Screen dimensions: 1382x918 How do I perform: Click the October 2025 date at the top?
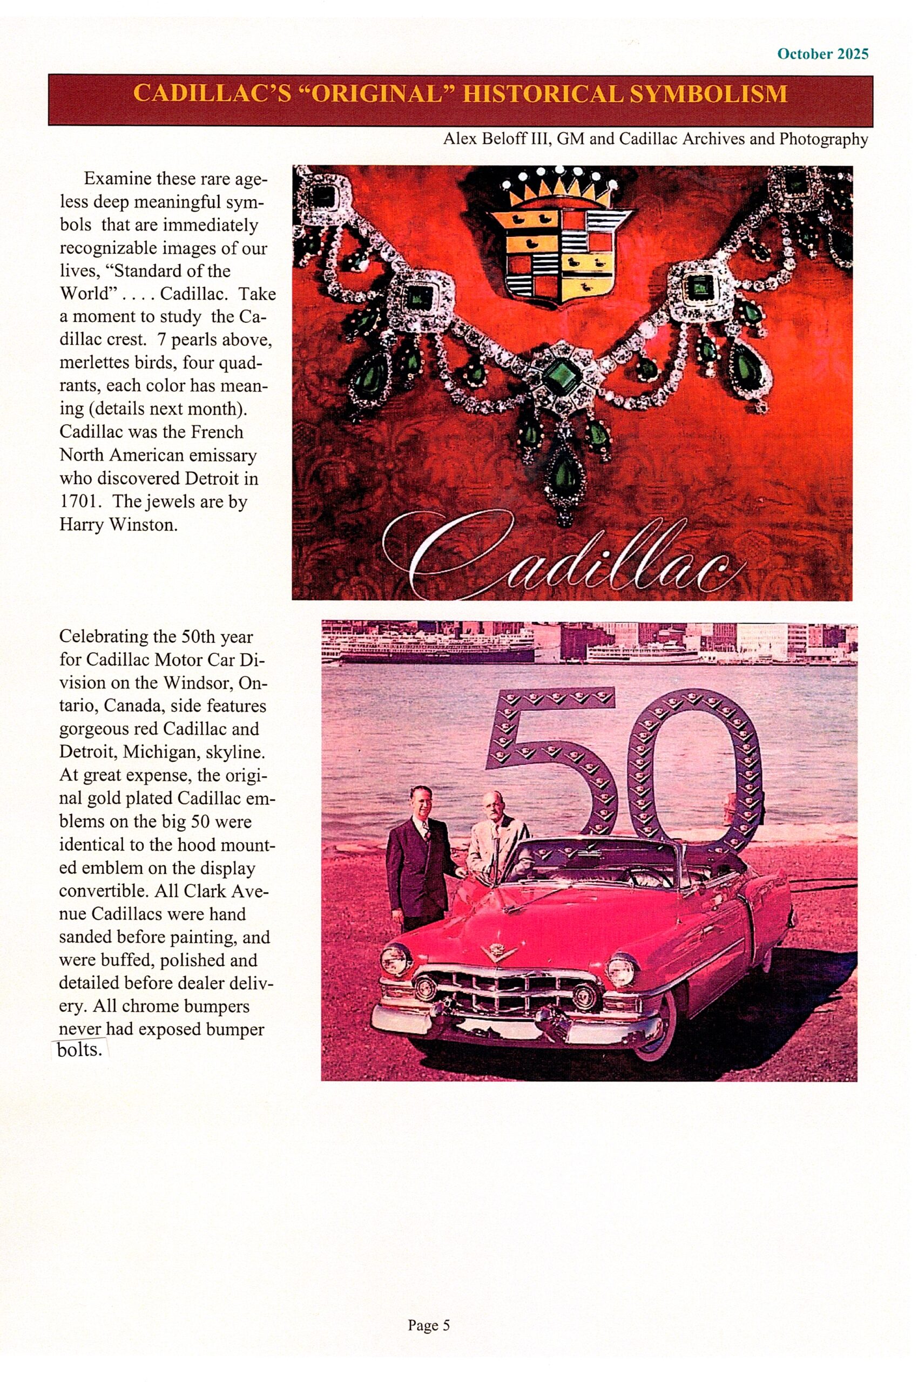click(822, 54)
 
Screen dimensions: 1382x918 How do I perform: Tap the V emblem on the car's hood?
click(499, 952)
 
